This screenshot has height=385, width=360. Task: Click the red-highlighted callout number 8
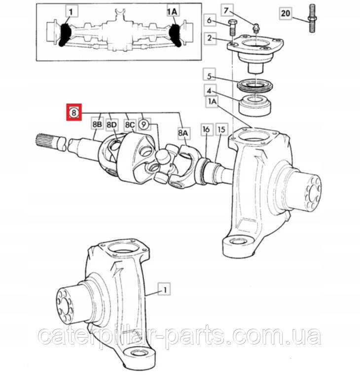[x=74, y=113]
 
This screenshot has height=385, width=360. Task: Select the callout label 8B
[x=97, y=125]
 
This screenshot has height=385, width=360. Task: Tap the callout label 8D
[x=111, y=125]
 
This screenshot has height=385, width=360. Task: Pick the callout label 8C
[x=130, y=125]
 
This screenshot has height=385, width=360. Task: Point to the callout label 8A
[x=183, y=133]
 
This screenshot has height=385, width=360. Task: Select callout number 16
[x=206, y=129]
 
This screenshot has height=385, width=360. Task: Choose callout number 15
[x=221, y=129]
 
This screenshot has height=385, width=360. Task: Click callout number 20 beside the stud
[x=286, y=13]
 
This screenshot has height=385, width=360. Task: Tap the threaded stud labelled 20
[x=312, y=19]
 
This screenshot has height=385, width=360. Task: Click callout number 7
[x=226, y=10]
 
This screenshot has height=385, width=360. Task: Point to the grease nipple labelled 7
[x=256, y=28]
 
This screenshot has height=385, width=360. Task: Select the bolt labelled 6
[x=232, y=29]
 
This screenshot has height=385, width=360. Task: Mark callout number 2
[x=210, y=38]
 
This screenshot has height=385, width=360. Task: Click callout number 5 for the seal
[x=209, y=76]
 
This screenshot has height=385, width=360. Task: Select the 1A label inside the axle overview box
[x=173, y=11]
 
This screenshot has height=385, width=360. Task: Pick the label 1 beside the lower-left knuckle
[x=165, y=289]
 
